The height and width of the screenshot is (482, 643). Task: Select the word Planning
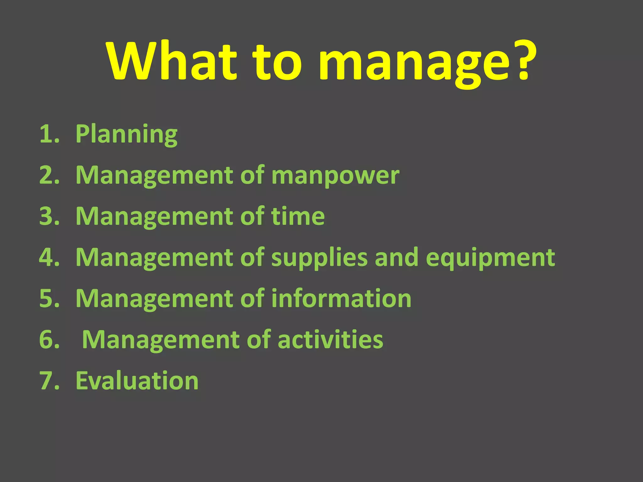point(127,134)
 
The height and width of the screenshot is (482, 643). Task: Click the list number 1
point(49,134)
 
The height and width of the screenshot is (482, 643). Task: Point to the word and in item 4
point(397,257)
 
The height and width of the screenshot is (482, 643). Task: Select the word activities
point(330,340)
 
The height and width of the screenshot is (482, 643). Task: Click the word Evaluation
point(137,381)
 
